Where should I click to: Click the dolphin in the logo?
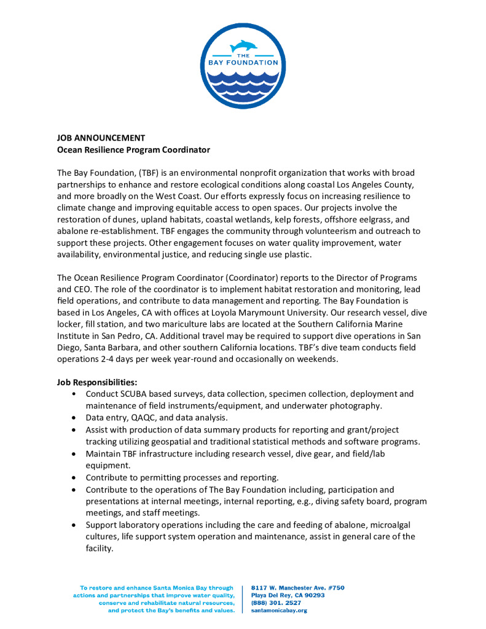pos(243,46)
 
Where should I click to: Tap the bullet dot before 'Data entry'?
pos(74,417)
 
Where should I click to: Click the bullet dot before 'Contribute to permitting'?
pos(74,477)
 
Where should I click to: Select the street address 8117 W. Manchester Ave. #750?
pos(298,588)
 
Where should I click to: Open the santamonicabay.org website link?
pos(280,611)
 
